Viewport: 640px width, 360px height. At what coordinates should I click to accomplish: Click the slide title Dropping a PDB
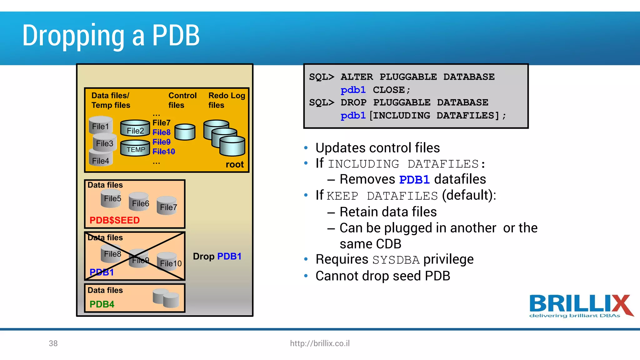click(111, 36)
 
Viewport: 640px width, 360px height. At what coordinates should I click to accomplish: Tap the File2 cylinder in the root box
click(135, 128)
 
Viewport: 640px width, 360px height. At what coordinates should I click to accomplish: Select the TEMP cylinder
click(135, 148)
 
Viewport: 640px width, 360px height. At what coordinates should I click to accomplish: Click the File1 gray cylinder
click(101, 125)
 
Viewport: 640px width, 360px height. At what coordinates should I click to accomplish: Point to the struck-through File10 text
click(164, 152)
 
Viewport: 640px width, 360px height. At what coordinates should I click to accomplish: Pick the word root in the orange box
click(234, 164)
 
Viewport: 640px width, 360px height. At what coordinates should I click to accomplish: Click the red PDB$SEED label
click(114, 220)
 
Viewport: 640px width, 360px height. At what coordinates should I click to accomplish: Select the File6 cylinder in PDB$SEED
click(139, 202)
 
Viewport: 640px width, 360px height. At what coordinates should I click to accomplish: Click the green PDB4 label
click(102, 304)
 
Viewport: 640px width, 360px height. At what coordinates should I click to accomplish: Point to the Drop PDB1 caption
click(217, 256)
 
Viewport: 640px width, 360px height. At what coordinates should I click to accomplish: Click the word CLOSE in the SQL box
click(389, 90)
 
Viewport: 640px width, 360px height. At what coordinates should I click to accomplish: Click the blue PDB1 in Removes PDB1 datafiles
click(414, 180)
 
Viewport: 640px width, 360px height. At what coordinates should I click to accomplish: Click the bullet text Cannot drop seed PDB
click(382, 276)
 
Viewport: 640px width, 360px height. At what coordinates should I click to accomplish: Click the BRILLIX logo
click(580, 306)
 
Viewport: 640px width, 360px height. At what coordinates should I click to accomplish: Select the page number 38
click(53, 343)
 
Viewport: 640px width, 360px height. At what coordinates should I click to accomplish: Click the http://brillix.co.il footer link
click(320, 343)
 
